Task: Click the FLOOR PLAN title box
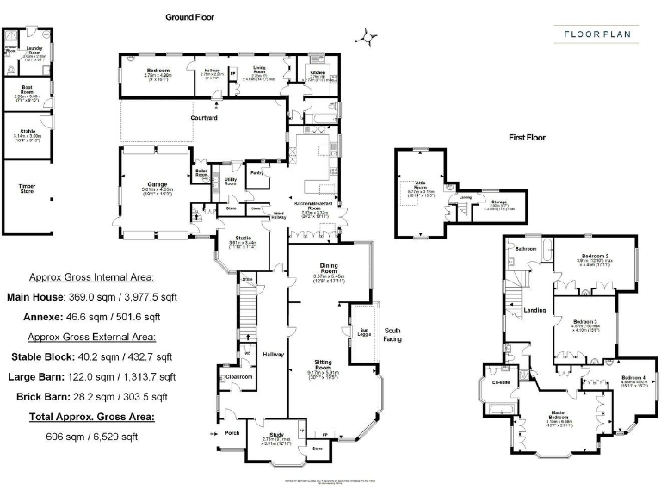596,35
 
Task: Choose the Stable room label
28,132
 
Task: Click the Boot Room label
28,86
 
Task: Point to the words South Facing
392,334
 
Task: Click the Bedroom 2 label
595,257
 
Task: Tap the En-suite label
499,370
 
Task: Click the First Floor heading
527,138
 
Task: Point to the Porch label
232,432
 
